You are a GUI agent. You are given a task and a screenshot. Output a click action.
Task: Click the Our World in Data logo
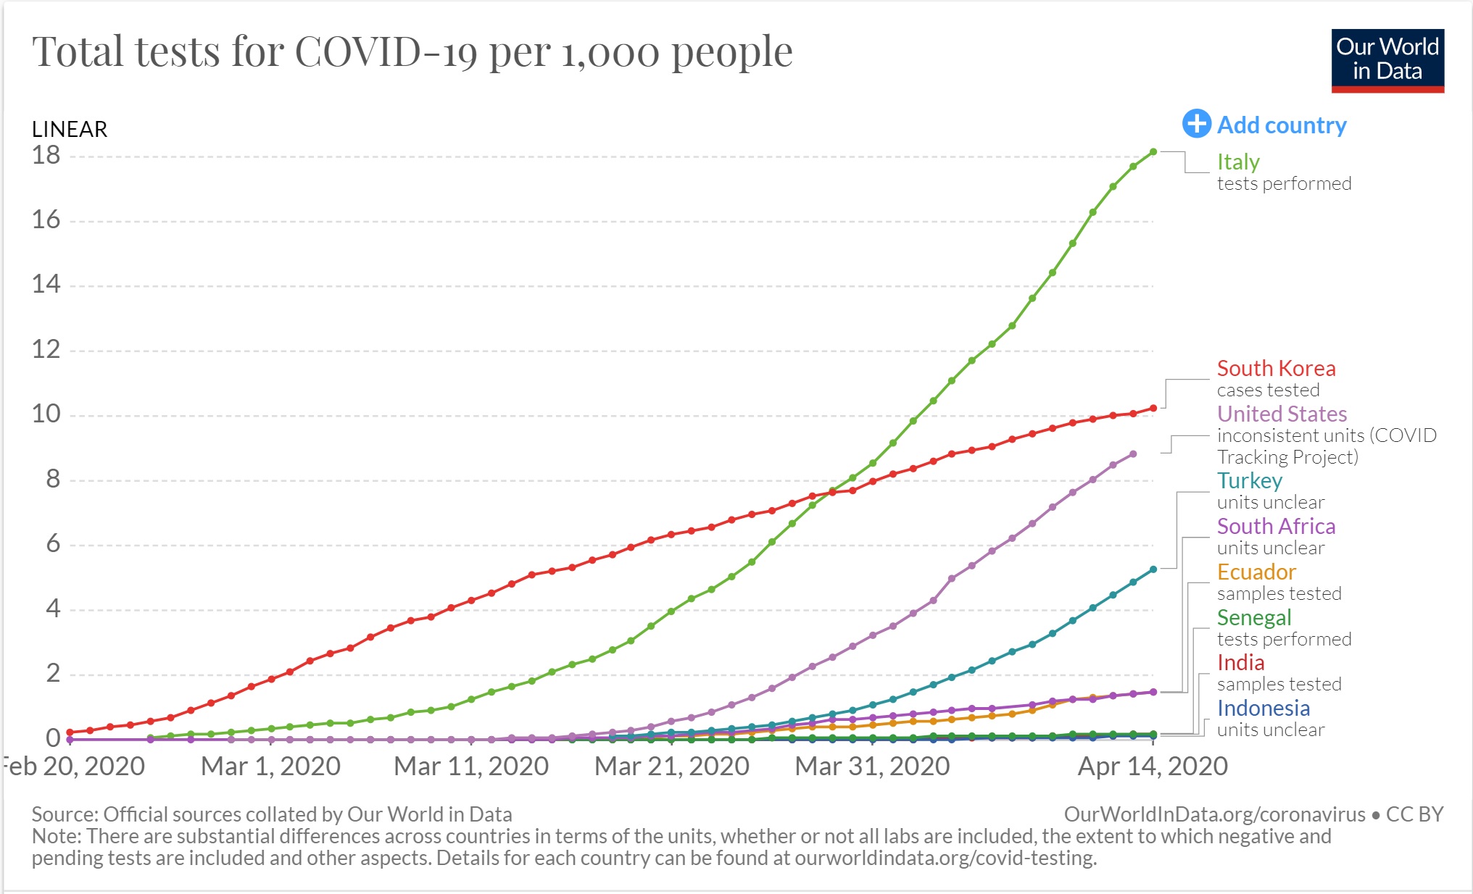[x=1387, y=60]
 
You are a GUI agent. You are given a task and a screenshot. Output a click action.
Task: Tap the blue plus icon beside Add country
[x=1196, y=124]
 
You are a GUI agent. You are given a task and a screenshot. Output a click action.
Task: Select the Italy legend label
[x=1238, y=162]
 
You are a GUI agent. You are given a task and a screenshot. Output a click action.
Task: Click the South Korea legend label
[x=1276, y=368]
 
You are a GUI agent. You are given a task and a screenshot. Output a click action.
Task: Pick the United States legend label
[x=1282, y=414]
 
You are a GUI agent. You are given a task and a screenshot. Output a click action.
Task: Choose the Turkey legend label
[x=1250, y=480]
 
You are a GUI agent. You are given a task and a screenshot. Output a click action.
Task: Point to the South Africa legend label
[x=1276, y=526]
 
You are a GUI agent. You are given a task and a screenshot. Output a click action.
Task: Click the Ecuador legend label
[x=1256, y=572]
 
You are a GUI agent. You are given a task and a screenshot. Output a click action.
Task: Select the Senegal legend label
[x=1254, y=617]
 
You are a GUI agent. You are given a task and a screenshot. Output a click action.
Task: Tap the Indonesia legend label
[x=1263, y=708]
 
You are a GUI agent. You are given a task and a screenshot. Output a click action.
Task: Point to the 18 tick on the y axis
[x=46, y=155]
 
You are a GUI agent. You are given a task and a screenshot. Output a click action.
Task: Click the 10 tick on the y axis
[x=46, y=414]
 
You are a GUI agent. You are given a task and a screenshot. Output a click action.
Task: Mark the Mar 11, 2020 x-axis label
[x=471, y=766]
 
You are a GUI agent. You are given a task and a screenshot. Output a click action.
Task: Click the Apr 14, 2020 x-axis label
[x=1153, y=766]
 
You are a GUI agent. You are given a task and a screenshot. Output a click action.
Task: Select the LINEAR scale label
[x=70, y=129]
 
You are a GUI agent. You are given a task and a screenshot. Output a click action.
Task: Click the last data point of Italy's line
[x=1153, y=152]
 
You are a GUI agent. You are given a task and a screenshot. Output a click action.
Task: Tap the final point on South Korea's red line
[x=1153, y=409]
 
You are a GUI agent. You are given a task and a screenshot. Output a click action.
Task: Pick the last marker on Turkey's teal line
[x=1153, y=569]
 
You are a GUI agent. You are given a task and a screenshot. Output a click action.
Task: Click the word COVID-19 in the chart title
[x=386, y=52]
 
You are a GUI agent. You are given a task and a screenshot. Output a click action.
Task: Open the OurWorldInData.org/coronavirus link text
[x=1214, y=814]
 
